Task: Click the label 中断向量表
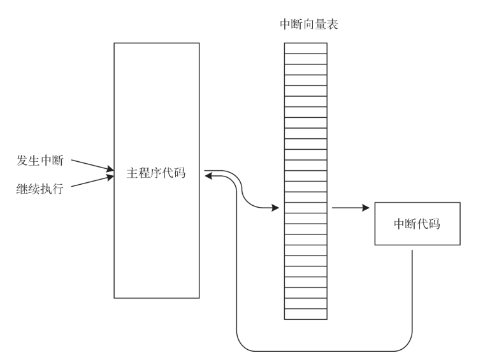tap(305, 25)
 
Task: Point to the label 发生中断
tap(40, 159)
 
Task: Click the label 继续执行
tap(40, 189)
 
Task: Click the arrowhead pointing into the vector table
tap(275, 208)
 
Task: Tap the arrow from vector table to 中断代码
tap(350, 208)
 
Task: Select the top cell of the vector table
tap(305, 48)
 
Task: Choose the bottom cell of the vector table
tap(305, 313)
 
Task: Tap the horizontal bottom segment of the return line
tap(325, 350)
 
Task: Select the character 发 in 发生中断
tap(22, 159)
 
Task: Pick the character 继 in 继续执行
tap(22, 189)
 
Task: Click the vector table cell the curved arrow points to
tap(305, 208)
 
